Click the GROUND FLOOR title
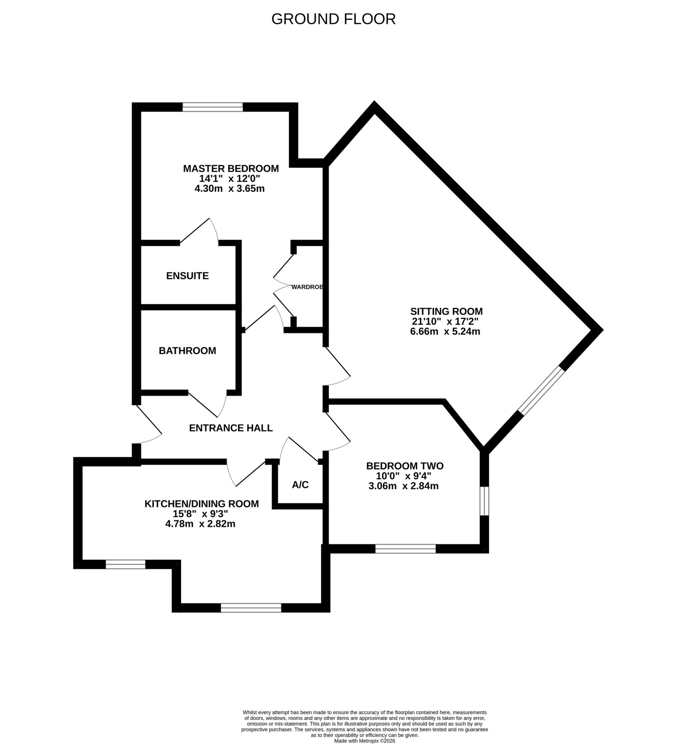[x=333, y=19]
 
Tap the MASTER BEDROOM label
[x=231, y=169]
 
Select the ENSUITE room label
[x=187, y=276]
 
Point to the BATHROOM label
[x=187, y=351]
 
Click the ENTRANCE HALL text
[x=231, y=428]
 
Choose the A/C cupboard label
[x=300, y=485]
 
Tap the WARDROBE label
[x=307, y=287]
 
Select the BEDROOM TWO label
[x=405, y=466]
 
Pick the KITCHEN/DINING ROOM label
[x=202, y=504]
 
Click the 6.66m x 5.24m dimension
[x=445, y=331]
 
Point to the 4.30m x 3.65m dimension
[x=230, y=189]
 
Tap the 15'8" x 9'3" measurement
[x=200, y=514]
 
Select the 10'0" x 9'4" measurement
[x=403, y=476]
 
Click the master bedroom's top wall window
[x=213, y=107]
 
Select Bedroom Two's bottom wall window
[x=406, y=549]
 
